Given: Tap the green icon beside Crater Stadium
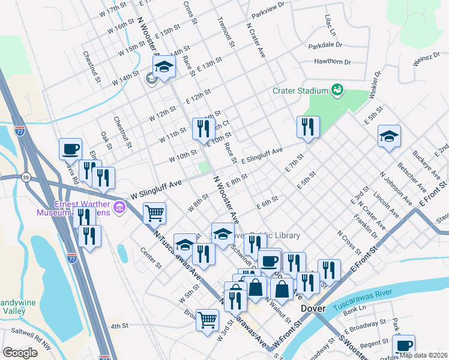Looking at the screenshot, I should (337, 90).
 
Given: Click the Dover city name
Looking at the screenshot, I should (313, 308).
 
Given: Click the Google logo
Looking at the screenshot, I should (20, 353).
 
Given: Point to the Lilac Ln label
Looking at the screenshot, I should (329, 25).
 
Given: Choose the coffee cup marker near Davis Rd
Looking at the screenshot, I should (70, 148).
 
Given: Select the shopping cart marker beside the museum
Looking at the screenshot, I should (155, 212).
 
